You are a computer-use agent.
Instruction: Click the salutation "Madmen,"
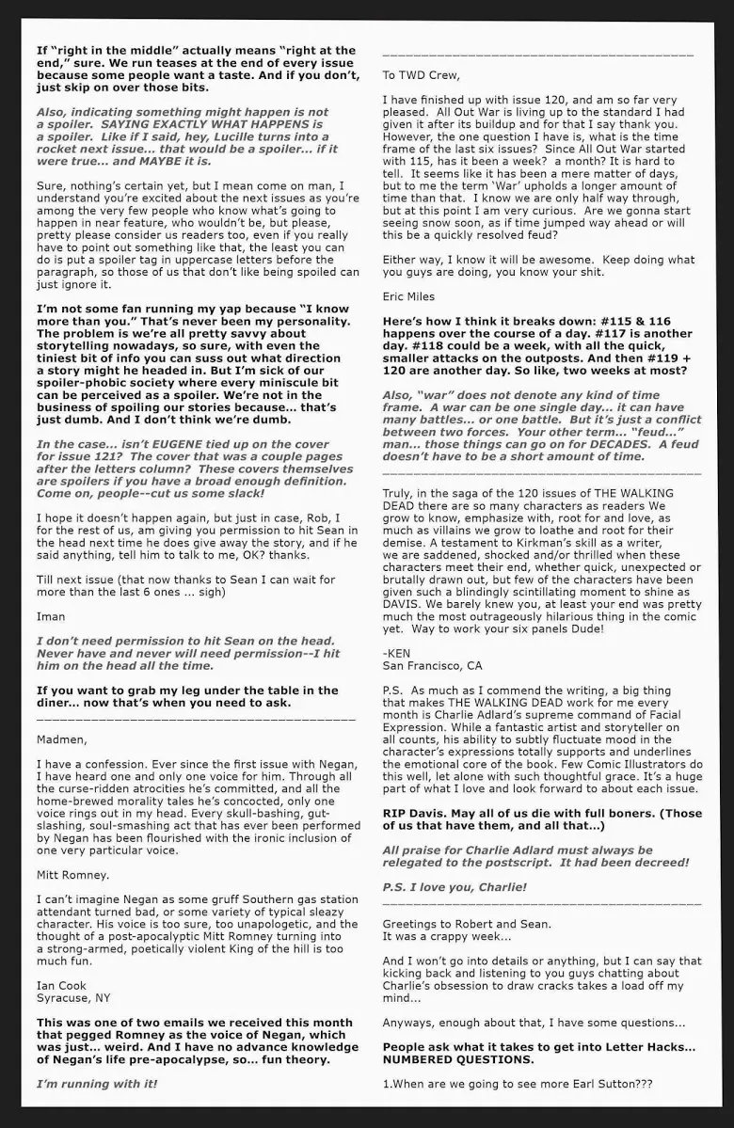[61, 739]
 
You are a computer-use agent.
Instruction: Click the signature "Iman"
[51, 616]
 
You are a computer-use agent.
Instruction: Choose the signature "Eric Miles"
[408, 296]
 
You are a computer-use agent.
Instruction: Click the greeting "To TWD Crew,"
[422, 75]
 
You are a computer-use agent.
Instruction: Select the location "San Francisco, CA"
[432, 665]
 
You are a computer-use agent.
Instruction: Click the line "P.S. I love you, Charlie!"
[455, 886]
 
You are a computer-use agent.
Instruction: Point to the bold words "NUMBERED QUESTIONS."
[458, 1058]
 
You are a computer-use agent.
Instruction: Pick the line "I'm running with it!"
[97, 1083]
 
